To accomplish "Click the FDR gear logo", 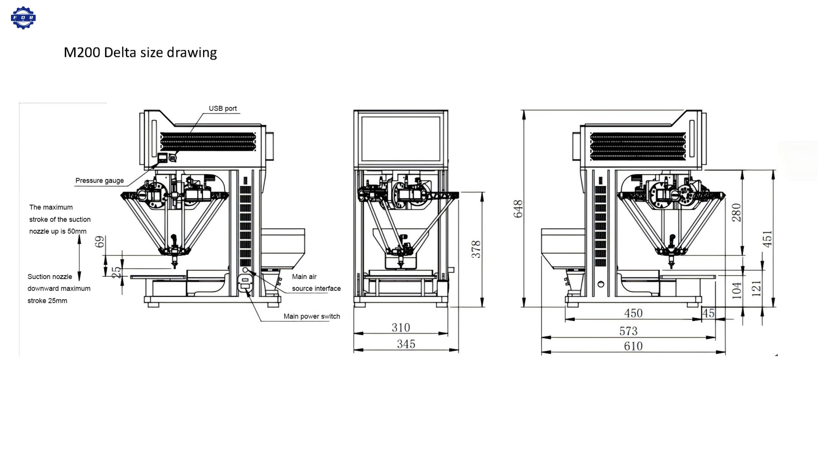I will pyautogui.click(x=23, y=18).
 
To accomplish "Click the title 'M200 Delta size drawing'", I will pyautogui.click(x=140, y=53).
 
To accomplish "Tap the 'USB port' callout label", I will pyautogui.click(x=223, y=109).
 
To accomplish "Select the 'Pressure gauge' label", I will pyautogui.click(x=100, y=180).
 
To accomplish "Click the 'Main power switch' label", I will pyautogui.click(x=312, y=316).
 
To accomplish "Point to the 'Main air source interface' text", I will pyautogui.click(x=316, y=283).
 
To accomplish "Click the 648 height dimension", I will pyautogui.click(x=518, y=209).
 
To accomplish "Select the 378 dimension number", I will pyautogui.click(x=476, y=249).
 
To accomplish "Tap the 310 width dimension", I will pyautogui.click(x=401, y=328).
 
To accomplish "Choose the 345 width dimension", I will pyautogui.click(x=406, y=344).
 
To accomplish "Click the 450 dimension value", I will pyautogui.click(x=633, y=313).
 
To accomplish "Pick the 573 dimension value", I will pyautogui.click(x=628, y=331).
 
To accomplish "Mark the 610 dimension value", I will pyautogui.click(x=633, y=346).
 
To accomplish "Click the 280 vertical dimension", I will pyautogui.click(x=737, y=213).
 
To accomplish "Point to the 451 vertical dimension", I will pyautogui.click(x=768, y=239).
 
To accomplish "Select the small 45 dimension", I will pyautogui.click(x=708, y=313).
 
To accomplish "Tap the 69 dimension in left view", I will pyautogui.click(x=100, y=242).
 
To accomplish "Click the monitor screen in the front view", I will pyautogui.click(x=401, y=139).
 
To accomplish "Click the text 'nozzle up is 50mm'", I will pyautogui.click(x=58, y=231).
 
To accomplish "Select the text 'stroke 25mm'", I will pyautogui.click(x=47, y=301).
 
